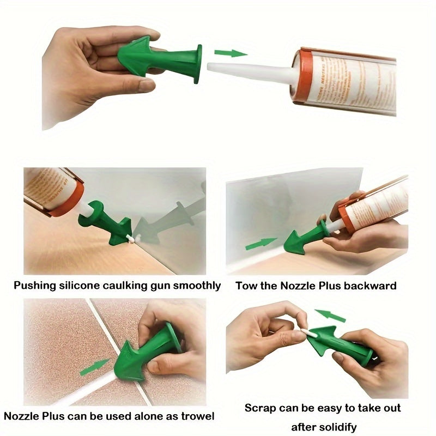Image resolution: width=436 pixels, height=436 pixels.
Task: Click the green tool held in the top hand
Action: [x=163, y=59]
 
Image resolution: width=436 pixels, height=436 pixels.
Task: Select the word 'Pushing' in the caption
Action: [x=34, y=285]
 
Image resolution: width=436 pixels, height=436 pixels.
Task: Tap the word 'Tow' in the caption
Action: [x=246, y=285]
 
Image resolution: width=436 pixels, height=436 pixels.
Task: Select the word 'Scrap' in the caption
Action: [x=260, y=408]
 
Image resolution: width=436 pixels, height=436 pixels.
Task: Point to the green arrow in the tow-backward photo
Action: [x=261, y=244]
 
